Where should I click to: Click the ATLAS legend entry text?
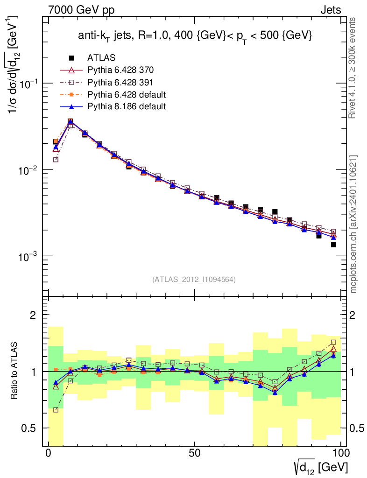click(x=101, y=58)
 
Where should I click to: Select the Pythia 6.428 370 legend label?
click(x=120, y=70)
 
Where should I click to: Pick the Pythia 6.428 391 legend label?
click(x=120, y=82)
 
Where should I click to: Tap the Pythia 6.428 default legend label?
click(x=127, y=94)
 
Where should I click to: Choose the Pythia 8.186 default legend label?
click(x=127, y=106)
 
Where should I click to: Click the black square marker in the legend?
click(x=71, y=58)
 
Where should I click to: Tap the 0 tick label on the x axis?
click(x=49, y=453)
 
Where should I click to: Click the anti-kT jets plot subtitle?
click(x=195, y=36)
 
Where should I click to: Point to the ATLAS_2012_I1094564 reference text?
click(x=194, y=280)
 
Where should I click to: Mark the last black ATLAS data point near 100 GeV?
click(x=333, y=244)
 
